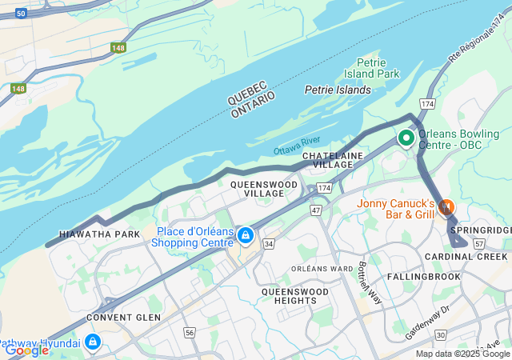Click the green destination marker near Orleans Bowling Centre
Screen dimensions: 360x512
tap(406, 138)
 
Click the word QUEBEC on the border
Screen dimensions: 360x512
tap(246, 91)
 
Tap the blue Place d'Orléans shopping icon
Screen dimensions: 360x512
tap(246, 236)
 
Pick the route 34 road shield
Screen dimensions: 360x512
tap(269, 243)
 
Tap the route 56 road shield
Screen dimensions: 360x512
tap(190, 332)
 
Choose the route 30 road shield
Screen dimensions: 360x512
tap(440, 334)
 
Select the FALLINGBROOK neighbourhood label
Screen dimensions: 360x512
tap(424, 276)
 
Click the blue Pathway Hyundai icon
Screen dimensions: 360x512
tap(93, 342)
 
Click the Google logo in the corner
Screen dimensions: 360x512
tap(26, 350)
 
